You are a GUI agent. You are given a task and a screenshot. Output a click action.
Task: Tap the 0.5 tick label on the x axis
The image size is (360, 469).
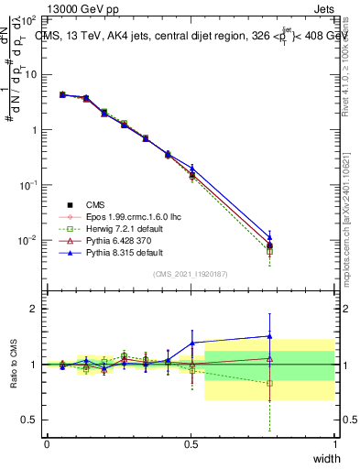(x=191, y=443)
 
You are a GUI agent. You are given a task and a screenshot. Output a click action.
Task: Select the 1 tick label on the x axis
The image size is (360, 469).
(x=334, y=443)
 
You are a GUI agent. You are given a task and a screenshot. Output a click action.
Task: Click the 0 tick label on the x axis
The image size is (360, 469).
(x=47, y=443)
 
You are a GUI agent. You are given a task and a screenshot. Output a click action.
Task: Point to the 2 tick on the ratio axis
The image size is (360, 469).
(x=34, y=309)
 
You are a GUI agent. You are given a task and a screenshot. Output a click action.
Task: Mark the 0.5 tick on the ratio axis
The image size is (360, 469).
(x=29, y=420)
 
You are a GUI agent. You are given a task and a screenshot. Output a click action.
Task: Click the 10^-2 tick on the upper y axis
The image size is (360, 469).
(x=27, y=241)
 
